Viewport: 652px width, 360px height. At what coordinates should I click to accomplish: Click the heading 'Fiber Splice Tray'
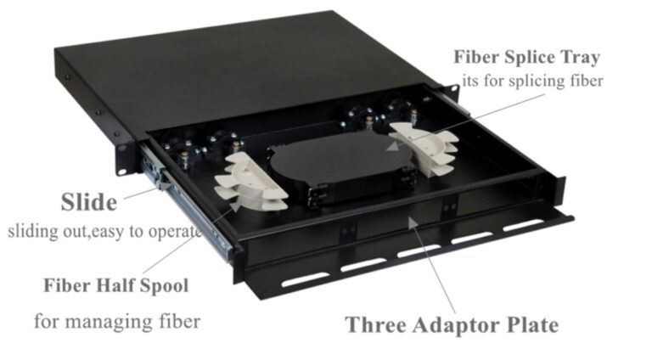click(526, 58)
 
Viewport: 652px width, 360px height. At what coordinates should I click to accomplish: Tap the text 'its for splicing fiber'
click(532, 81)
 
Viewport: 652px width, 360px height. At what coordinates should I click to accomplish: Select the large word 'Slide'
click(88, 202)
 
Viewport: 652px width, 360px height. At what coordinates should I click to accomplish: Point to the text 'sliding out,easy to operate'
click(104, 231)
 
